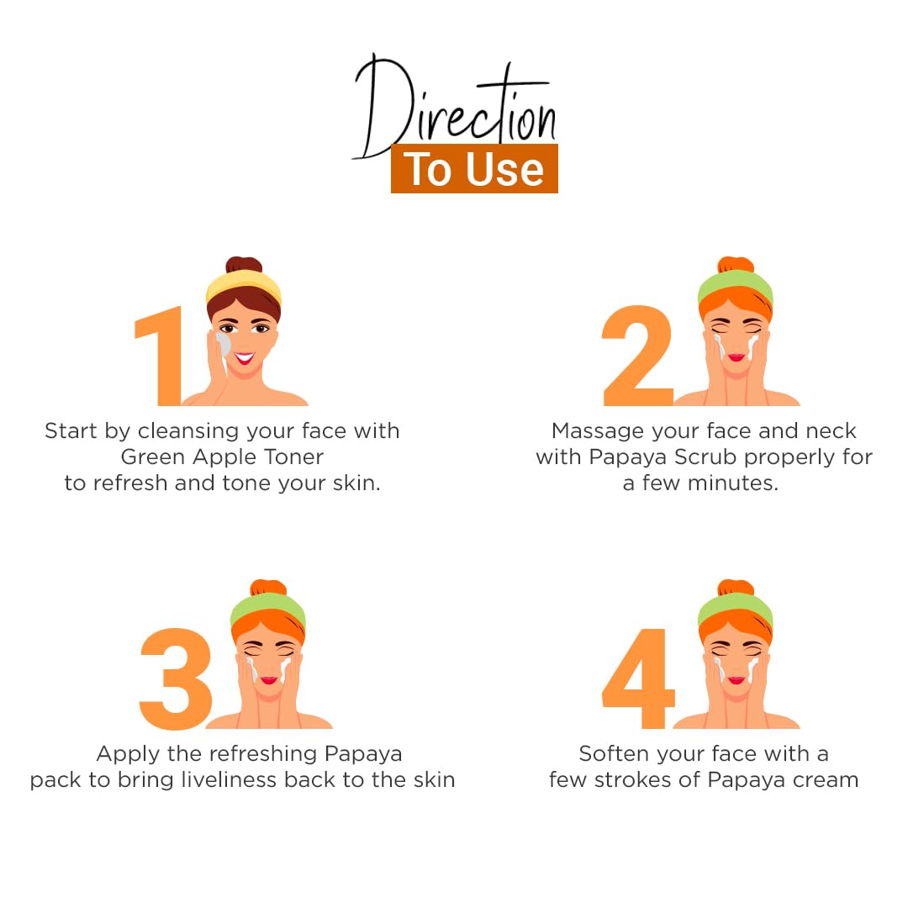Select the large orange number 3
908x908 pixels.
[176, 678]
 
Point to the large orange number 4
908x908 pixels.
[639, 678]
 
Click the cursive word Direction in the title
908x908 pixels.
[455, 107]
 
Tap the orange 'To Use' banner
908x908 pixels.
[474, 168]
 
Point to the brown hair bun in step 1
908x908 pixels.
[244, 265]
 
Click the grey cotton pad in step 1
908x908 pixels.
[223, 345]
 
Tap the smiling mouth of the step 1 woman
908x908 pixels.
[245, 358]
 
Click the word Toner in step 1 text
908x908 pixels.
[293, 457]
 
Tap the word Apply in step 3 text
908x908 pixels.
[128, 755]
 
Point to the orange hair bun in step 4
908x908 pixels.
[736, 587]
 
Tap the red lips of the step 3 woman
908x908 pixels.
[269, 680]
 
